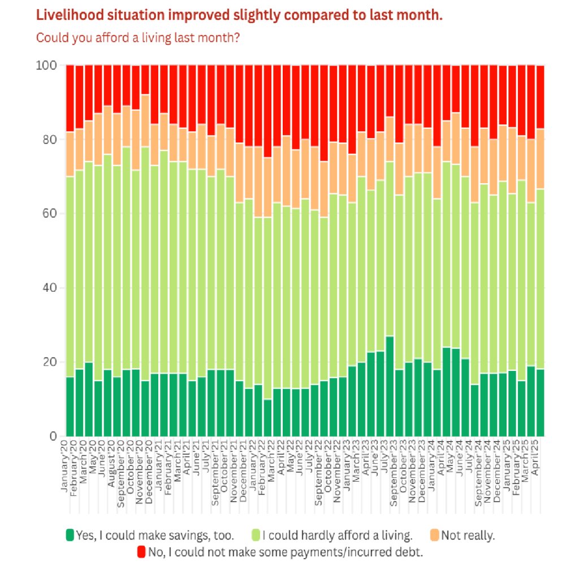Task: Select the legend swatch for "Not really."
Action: pyautogui.click(x=434, y=535)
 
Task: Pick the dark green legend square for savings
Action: pyautogui.click(x=70, y=535)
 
